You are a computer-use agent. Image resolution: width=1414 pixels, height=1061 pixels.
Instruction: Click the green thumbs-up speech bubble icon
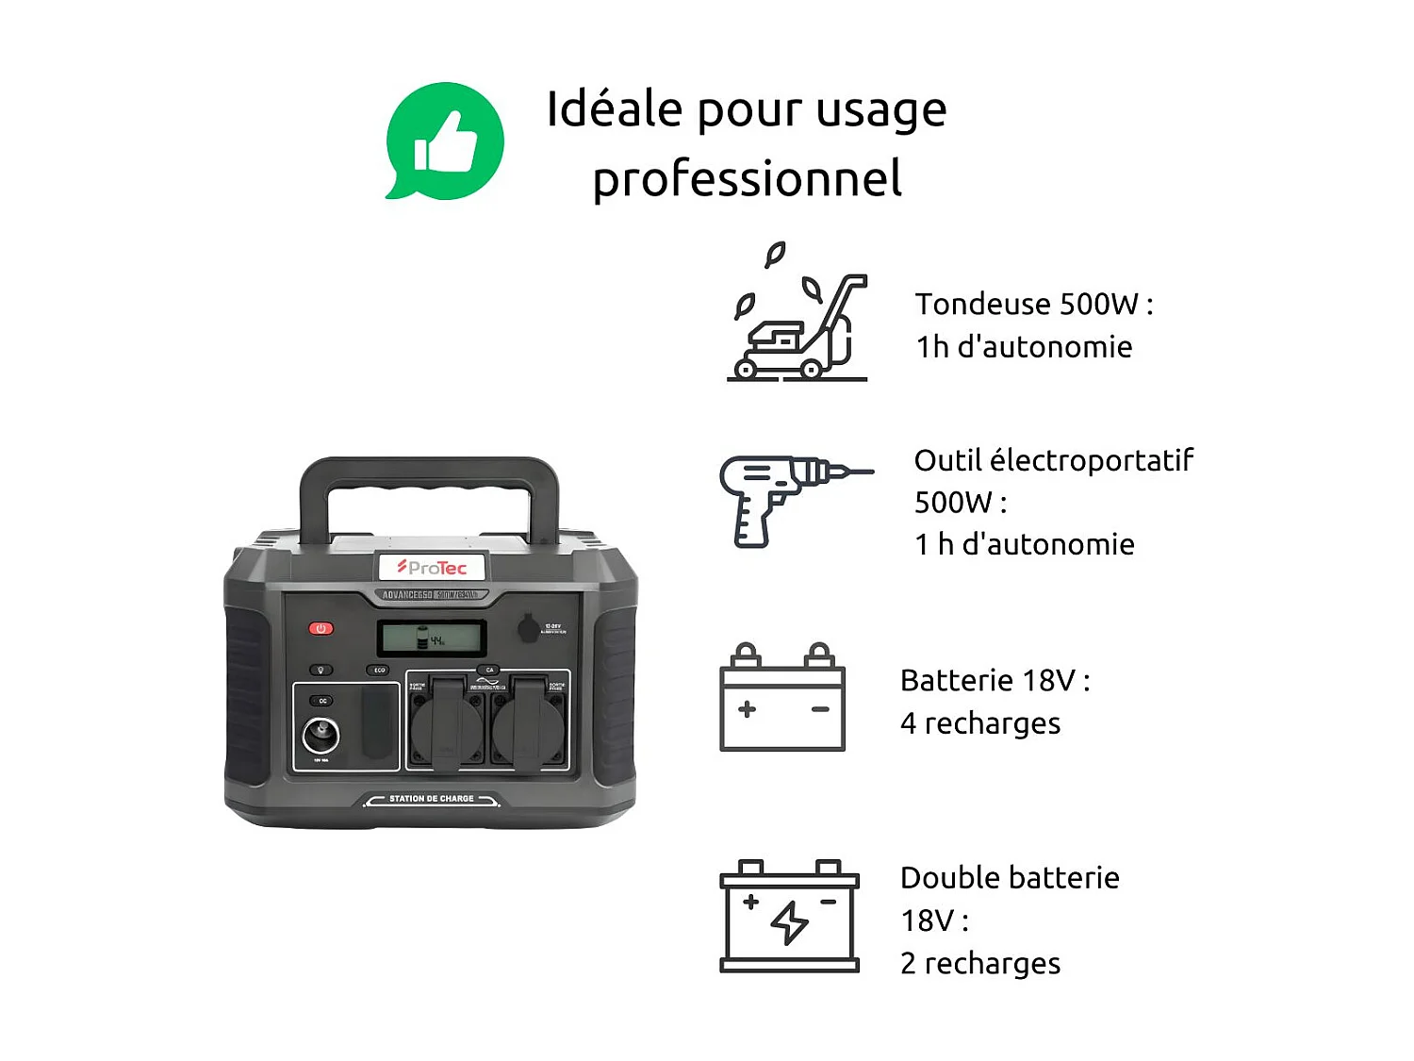coord(445,141)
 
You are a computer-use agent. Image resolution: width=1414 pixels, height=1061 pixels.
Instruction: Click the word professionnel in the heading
coord(747,178)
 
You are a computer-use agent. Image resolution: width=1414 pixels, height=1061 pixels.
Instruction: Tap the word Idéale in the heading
coord(614,108)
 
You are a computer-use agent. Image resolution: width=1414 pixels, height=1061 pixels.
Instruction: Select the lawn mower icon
coord(797,316)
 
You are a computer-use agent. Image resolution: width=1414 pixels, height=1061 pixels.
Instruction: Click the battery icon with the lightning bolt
coord(790,917)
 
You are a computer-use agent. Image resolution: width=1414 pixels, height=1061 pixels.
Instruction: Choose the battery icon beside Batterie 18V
coord(782,700)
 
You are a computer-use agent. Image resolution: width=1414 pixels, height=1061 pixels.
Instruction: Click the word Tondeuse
coord(982,305)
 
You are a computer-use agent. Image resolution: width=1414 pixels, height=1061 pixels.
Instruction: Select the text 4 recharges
coord(980,723)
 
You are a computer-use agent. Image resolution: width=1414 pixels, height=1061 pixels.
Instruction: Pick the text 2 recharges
coord(980,964)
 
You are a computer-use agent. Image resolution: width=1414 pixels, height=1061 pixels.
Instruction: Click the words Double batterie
coord(1010,878)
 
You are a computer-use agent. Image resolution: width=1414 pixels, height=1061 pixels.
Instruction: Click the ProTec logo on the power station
coord(432,568)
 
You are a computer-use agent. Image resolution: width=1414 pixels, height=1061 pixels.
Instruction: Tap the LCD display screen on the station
coord(432,638)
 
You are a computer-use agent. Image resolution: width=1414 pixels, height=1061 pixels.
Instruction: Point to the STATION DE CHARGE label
coord(432,799)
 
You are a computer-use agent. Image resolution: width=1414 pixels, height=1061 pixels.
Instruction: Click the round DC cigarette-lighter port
coord(321,735)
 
